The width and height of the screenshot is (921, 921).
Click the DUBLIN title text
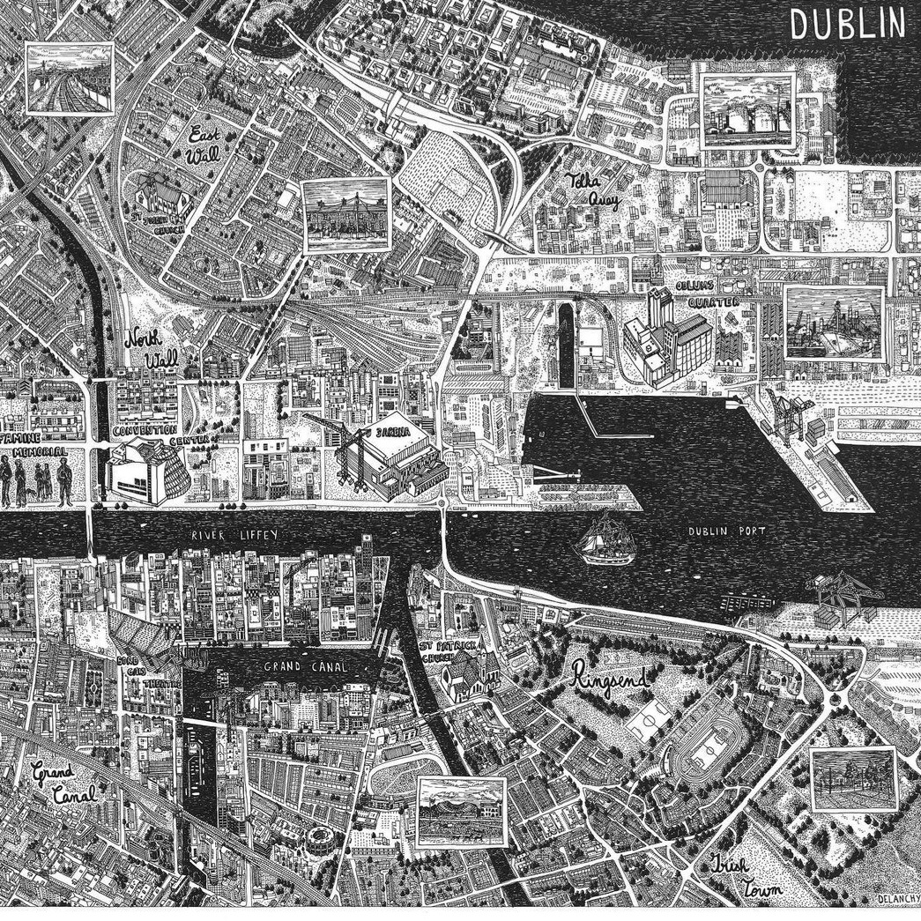click(x=847, y=23)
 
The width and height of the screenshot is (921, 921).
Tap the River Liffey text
click(x=226, y=535)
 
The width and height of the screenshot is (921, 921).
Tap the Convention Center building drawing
click(x=145, y=472)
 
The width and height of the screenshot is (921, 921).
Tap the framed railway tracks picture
click(x=70, y=78)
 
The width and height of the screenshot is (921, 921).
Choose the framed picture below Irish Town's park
click(x=852, y=779)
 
